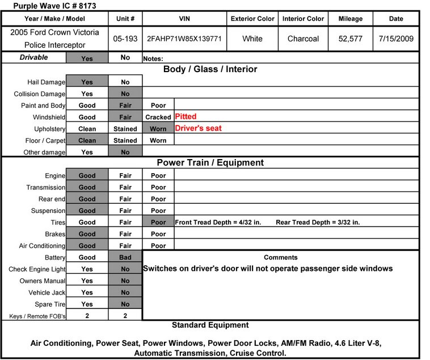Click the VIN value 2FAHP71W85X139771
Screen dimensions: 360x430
click(x=184, y=39)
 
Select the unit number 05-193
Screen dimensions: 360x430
click(x=125, y=39)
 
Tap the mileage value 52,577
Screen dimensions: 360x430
click(x=350, y=39)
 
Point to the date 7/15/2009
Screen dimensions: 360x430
click(x=396, y=39)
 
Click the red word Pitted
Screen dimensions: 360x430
click(x=186, y=116)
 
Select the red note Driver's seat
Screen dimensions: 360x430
click(x=198, y=128)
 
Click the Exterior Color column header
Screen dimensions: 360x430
click(x=252, y=19)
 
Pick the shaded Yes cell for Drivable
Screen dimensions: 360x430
click(x=87, y=57)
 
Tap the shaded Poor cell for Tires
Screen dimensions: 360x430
click(x=158, y=222)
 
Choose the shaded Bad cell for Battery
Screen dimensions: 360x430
click(x=125, y=257)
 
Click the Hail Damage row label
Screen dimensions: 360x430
click(x=47, y=82)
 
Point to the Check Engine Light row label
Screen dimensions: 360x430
click(x=37, y=269)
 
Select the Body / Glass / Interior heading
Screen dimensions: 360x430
click(x=210, y=69)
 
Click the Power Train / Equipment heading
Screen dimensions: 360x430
click(x=210, y=163)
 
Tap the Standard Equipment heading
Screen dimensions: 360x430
click(x=210, y=325)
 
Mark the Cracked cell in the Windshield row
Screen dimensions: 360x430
click(x=158, y=117)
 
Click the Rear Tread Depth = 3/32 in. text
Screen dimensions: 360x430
click(x=318, y=222)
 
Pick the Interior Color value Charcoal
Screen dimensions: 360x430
click(x=303, y=39)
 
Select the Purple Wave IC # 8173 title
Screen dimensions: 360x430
click(x=40, y=5)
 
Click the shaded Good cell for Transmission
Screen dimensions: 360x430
click(x=87, y=187)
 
